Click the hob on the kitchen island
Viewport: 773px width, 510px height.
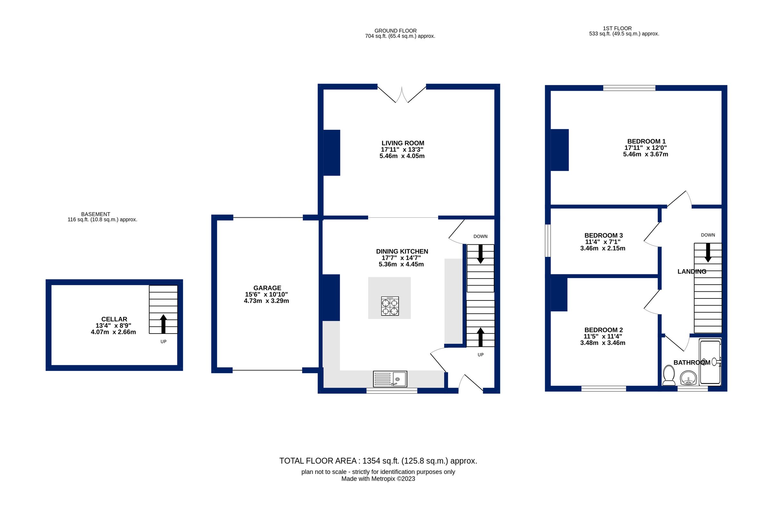390,306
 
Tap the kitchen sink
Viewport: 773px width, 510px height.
390,379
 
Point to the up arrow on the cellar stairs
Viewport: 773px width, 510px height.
163,324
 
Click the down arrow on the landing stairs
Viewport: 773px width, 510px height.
708,252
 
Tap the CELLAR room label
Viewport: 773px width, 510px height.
114,319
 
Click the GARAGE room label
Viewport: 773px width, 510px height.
267,288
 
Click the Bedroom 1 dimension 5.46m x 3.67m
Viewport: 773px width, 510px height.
645,154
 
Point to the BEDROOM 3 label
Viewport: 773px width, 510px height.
604,235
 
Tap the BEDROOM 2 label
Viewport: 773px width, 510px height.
604,330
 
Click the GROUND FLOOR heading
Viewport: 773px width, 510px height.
395,31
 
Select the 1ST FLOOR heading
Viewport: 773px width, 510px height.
617,28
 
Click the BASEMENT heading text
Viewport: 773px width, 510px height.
96,214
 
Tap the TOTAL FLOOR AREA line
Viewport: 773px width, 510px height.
378,461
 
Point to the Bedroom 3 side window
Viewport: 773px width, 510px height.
548,241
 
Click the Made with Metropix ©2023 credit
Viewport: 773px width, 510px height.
378,479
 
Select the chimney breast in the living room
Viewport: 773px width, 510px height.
331,153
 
